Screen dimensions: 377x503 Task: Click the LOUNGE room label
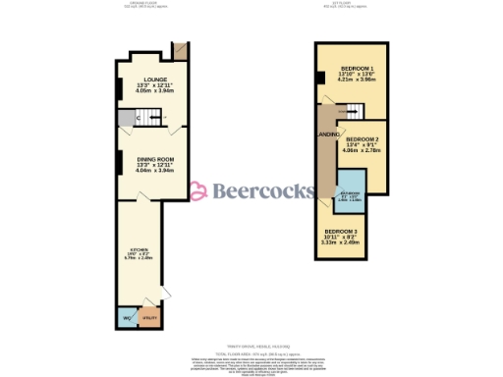(x=154, y=79)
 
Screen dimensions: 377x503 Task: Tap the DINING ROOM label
(x=154, y=158)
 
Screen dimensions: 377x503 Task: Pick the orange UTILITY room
(x=150, y=318)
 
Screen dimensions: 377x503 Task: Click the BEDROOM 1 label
(x=351, y=68)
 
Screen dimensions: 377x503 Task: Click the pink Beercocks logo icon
(x=196, y=190)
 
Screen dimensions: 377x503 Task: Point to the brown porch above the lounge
(x=180, y=51)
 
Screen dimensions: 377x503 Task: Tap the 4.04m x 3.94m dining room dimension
(x=154, y=170)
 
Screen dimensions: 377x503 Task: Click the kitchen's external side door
(x=165, y=293)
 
